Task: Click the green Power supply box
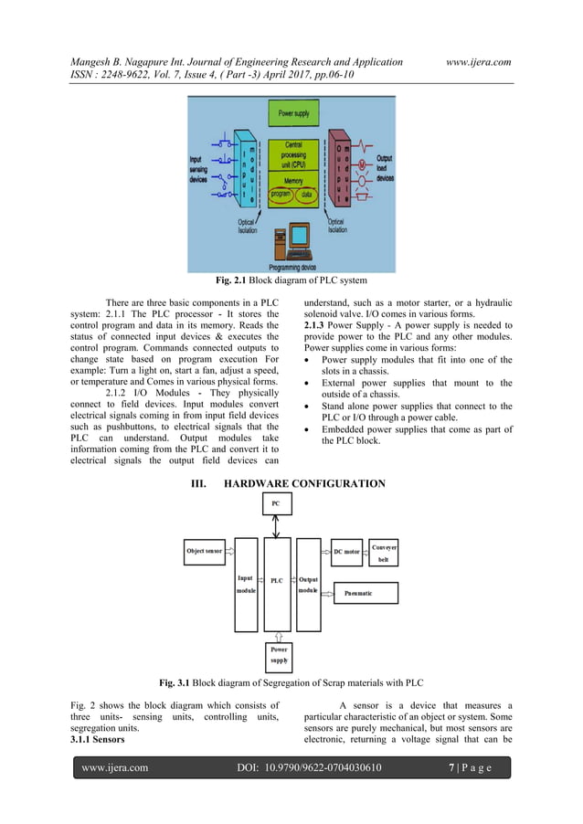click(292, 114)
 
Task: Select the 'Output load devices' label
click(385, 168)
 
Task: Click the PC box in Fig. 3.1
click(276, 503)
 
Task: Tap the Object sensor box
click(204, 551)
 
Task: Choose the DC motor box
click(345, 552)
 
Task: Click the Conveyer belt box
click(384, 553)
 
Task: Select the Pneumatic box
click(364, 593)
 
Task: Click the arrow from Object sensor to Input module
click(229, 551)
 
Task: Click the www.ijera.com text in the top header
click(478, 62)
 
